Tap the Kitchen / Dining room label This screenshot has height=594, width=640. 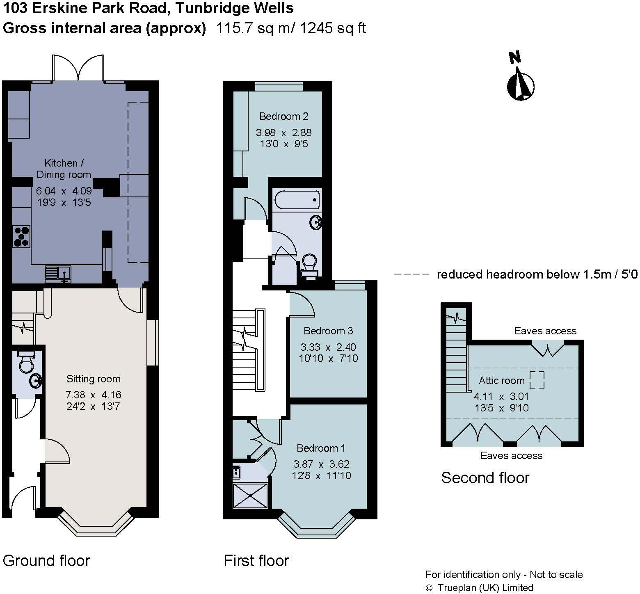64,169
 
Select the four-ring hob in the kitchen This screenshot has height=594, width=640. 21,237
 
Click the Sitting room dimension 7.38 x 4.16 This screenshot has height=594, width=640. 94,395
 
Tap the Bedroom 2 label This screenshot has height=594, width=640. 284,117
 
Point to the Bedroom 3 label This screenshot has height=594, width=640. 328,331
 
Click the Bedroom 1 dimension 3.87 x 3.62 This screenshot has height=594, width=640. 322,464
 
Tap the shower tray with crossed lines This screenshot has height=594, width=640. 250,496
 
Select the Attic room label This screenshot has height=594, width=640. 501,380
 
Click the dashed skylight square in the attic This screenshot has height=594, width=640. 537,380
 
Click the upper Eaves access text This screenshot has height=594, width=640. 545,331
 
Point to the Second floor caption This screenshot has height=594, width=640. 485,478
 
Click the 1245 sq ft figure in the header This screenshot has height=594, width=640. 333,28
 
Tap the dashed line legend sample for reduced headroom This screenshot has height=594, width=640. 411,274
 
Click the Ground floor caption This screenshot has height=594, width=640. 46,560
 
